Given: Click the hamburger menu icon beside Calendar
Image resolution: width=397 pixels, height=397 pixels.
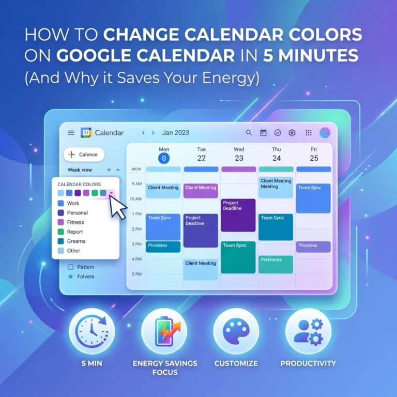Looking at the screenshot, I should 71,133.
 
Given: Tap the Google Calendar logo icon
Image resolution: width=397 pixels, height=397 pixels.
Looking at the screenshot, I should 86,133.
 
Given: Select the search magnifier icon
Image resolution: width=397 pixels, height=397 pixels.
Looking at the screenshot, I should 249,133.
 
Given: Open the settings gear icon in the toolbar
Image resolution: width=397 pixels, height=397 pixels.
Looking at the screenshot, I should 292,133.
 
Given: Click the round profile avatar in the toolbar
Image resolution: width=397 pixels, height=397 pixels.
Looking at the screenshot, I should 325,133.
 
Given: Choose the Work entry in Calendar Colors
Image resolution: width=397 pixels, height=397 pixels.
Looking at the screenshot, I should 73,203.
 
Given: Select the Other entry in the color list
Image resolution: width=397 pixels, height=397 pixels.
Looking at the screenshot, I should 73,251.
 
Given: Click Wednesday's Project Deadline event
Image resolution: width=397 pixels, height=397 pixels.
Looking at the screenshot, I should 238,215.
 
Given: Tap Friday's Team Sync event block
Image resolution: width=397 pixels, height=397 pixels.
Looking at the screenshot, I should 313,198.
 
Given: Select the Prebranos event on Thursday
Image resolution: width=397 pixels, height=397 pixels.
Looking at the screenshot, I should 276,264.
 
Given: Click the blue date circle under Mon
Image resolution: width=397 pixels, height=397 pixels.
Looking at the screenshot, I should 164,158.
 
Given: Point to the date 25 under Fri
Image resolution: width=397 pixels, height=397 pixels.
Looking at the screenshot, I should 314,158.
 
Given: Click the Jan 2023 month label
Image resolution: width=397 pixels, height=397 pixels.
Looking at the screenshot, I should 176,133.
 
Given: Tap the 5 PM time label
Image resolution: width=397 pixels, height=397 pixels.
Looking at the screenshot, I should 136,274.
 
